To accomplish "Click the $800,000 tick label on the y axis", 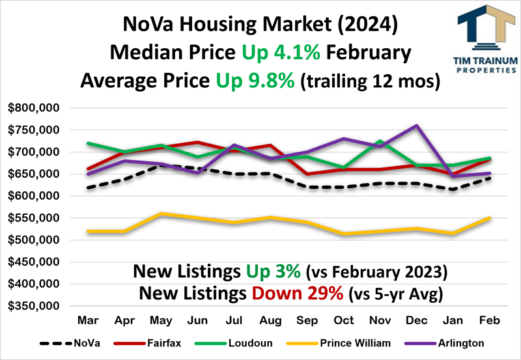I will tap(34, 108).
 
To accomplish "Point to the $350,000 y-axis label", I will tap(34, 306).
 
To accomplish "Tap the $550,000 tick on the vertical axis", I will tap(34, 218).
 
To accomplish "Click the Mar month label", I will tap(87, 320).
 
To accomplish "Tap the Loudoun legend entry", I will tap(250, 343).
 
